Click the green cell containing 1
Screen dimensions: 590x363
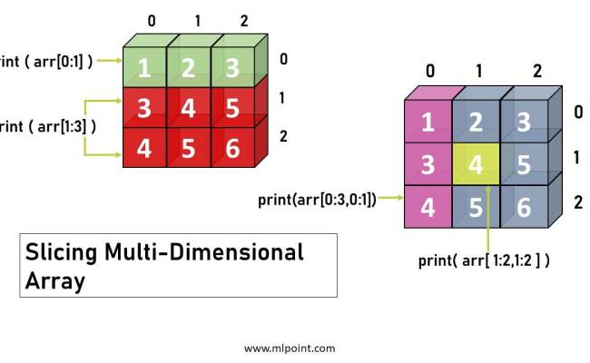click(143, 67)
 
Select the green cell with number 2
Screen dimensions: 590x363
click(188, 67)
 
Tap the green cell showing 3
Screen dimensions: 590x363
click(231, 67)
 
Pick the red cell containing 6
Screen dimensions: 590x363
click(231, 148)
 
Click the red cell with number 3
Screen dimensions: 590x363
click(143, 108)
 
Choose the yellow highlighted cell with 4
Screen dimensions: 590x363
click(476, 165)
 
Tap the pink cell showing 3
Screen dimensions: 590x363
click(428, 165)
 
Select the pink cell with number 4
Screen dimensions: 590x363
click(428, 207)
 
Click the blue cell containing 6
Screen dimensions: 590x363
click(523, 207)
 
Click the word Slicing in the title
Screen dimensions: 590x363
click(61, 251)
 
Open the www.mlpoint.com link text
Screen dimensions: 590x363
click(290, 348)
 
